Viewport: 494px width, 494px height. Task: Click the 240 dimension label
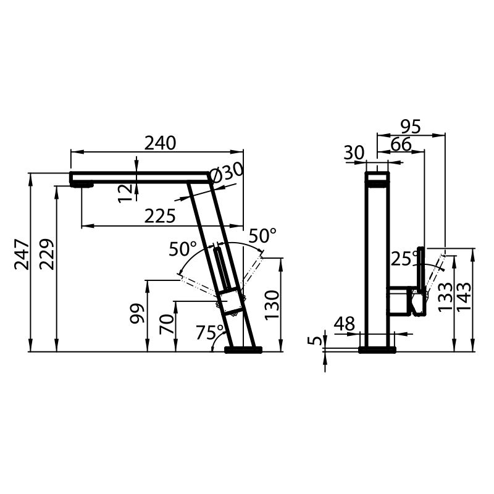(x=161, y=143)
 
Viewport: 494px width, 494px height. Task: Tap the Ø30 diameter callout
(x=227, y=174)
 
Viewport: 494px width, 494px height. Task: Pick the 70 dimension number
(x=166, y=324)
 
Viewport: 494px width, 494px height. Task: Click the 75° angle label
(x=209, y=333)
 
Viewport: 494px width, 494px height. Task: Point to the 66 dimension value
(x=401, y=144)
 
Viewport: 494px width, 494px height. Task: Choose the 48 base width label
(x=345, y=324)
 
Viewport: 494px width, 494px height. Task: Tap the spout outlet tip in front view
(x=82, y=183)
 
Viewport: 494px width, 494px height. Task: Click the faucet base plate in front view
(x=243, y=350)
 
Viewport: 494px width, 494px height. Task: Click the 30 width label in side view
(x=355, y=153)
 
